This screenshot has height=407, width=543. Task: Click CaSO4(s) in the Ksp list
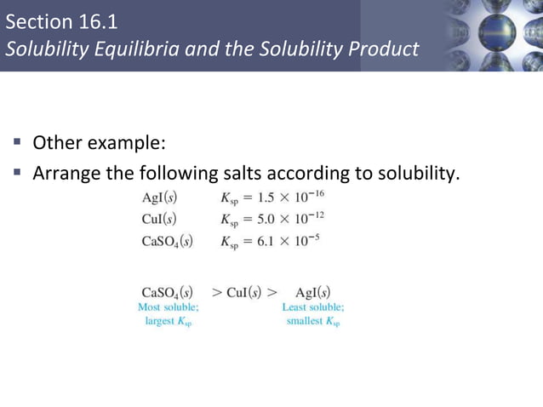(x=167, y=241)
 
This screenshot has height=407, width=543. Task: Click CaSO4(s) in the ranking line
(x=167, y=292)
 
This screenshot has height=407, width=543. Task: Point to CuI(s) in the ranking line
(x=245, y=292)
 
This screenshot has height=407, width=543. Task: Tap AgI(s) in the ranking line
(x=312, y=292)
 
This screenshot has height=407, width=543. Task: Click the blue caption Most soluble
(x=169, y=307)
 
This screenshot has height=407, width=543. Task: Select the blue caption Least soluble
(x=312, y=307)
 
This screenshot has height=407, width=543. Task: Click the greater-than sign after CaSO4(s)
(x=217, y=292)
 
